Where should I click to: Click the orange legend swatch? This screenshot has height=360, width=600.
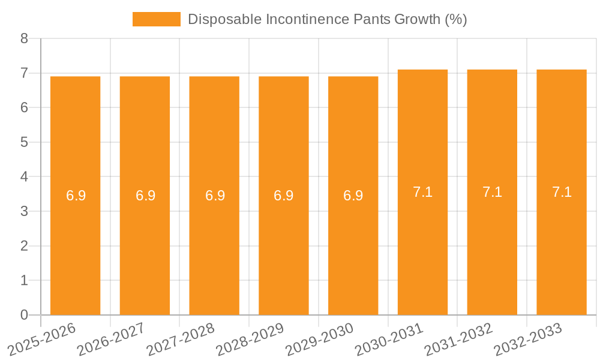(x=156, y=19)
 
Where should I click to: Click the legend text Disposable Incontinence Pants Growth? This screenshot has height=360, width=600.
(x=327, y=19)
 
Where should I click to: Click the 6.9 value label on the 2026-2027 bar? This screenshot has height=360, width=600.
(x=145, y=196)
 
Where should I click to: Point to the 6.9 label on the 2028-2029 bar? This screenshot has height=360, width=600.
(x=284, y=196)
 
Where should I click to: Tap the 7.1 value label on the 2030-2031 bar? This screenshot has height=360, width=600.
(x=422, y=192)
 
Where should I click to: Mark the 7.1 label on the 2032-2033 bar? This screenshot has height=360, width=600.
(x=562, y=192)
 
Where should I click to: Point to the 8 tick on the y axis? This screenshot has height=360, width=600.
(x=24, y=38)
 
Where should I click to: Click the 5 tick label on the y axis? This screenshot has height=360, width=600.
(x=24, y=142)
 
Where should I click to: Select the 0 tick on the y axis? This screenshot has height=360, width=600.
(x=24, y=315)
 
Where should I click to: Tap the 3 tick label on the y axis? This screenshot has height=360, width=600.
(x=24, y=211)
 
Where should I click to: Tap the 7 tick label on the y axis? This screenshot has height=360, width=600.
(x=24, y=73)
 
